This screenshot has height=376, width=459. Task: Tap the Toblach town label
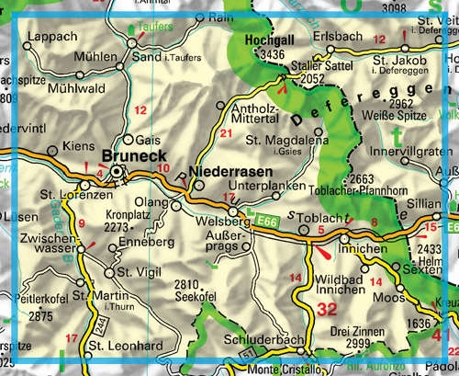click(319, 214)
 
